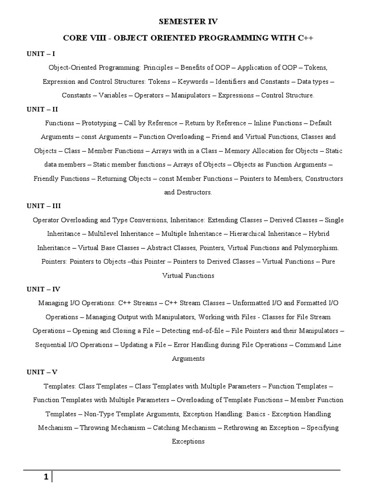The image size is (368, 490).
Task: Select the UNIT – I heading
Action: (x=42, y=54)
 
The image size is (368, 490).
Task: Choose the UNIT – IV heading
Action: (x=44, y=289)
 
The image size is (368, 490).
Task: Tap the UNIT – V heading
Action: (x=43, y=372)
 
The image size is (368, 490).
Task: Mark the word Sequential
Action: (x=52, y=345)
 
